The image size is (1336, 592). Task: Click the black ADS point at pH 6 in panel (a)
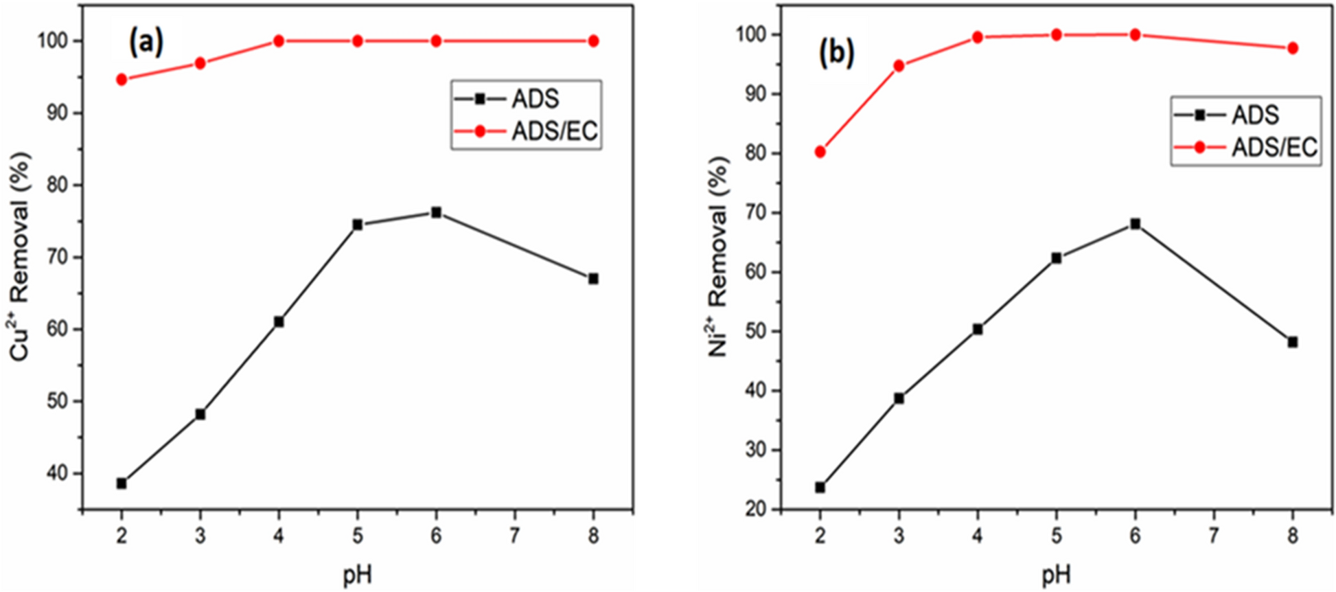436,212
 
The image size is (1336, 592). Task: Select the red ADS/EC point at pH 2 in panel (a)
122,80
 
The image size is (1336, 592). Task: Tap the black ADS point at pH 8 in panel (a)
593,279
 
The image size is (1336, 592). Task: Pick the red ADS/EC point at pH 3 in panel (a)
200,63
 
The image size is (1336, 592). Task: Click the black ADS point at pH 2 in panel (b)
820,488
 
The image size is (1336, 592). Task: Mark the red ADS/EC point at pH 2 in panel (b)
820,152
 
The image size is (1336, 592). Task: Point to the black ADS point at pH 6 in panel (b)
1135,224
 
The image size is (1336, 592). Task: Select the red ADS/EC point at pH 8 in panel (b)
1292,48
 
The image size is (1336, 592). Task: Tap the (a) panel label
146,43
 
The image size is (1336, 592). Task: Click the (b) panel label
836,54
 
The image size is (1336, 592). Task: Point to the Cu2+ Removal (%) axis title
21,255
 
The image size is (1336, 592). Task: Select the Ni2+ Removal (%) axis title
719,255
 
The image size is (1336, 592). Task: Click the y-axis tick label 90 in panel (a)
58,113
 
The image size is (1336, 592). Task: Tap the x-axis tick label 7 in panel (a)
514,536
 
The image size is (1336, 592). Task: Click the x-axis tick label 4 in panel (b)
978,536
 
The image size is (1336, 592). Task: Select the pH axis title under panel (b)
1055,575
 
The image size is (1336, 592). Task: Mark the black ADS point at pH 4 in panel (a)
279,321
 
